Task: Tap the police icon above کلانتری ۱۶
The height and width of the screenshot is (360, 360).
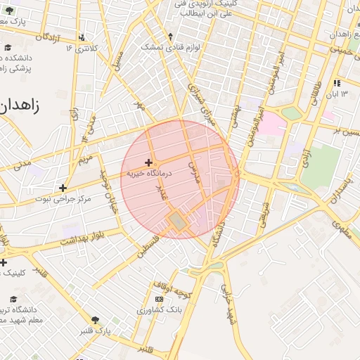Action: pos(83,37)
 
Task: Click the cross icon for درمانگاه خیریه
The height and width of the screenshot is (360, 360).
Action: pos(148,162)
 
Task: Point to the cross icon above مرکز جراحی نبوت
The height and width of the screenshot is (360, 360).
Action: pos(63,188)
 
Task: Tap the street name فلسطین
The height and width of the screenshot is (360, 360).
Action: pos(148,246)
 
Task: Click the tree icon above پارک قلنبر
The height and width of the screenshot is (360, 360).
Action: pos(96,319)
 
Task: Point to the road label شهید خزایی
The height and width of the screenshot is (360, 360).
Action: pos(228,304)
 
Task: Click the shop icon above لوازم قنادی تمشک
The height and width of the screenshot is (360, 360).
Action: pos(170,36)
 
